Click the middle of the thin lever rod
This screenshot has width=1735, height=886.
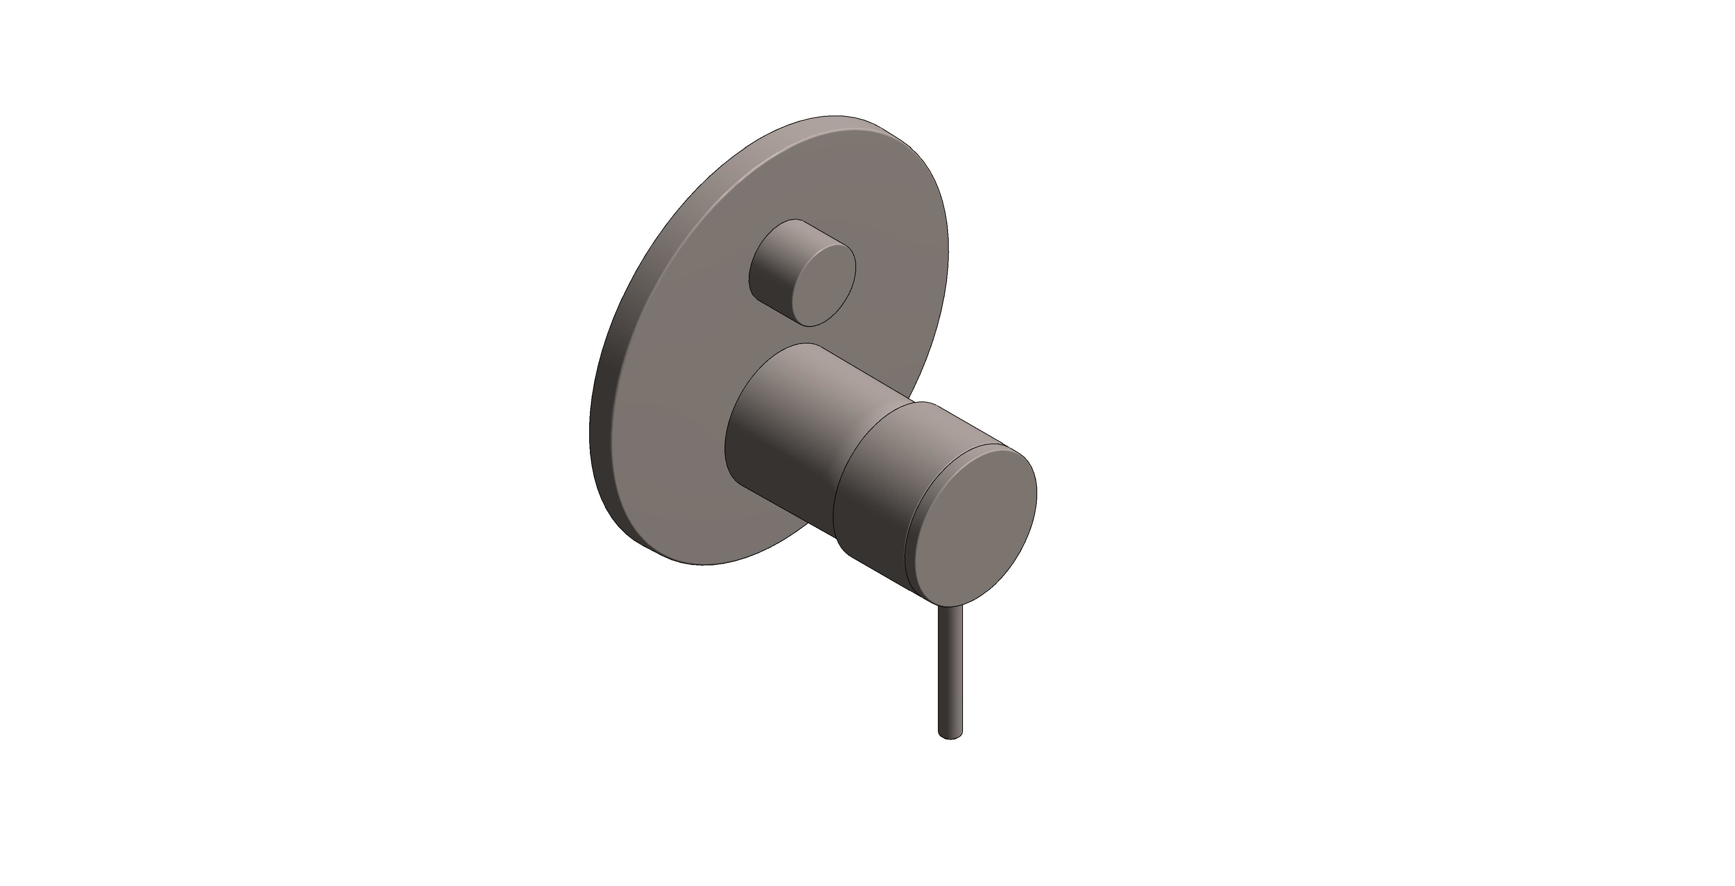point(950,674)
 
